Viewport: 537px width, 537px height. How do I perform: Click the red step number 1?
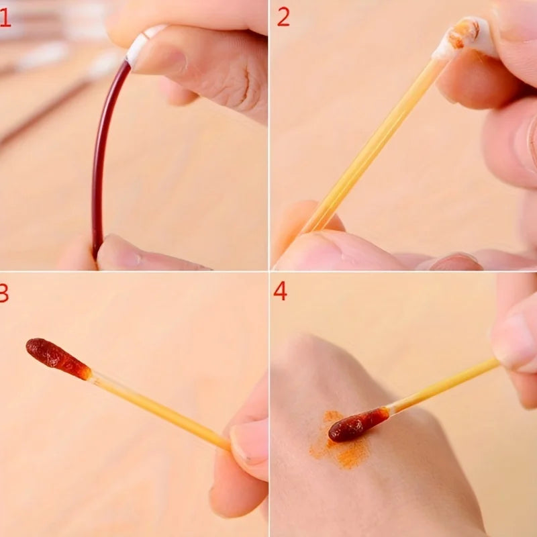click(5, 17)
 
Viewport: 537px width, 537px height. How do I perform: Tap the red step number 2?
click(283, 17)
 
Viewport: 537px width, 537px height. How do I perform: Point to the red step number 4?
click(280, 291)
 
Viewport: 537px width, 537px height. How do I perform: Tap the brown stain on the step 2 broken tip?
click(465, 32)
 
